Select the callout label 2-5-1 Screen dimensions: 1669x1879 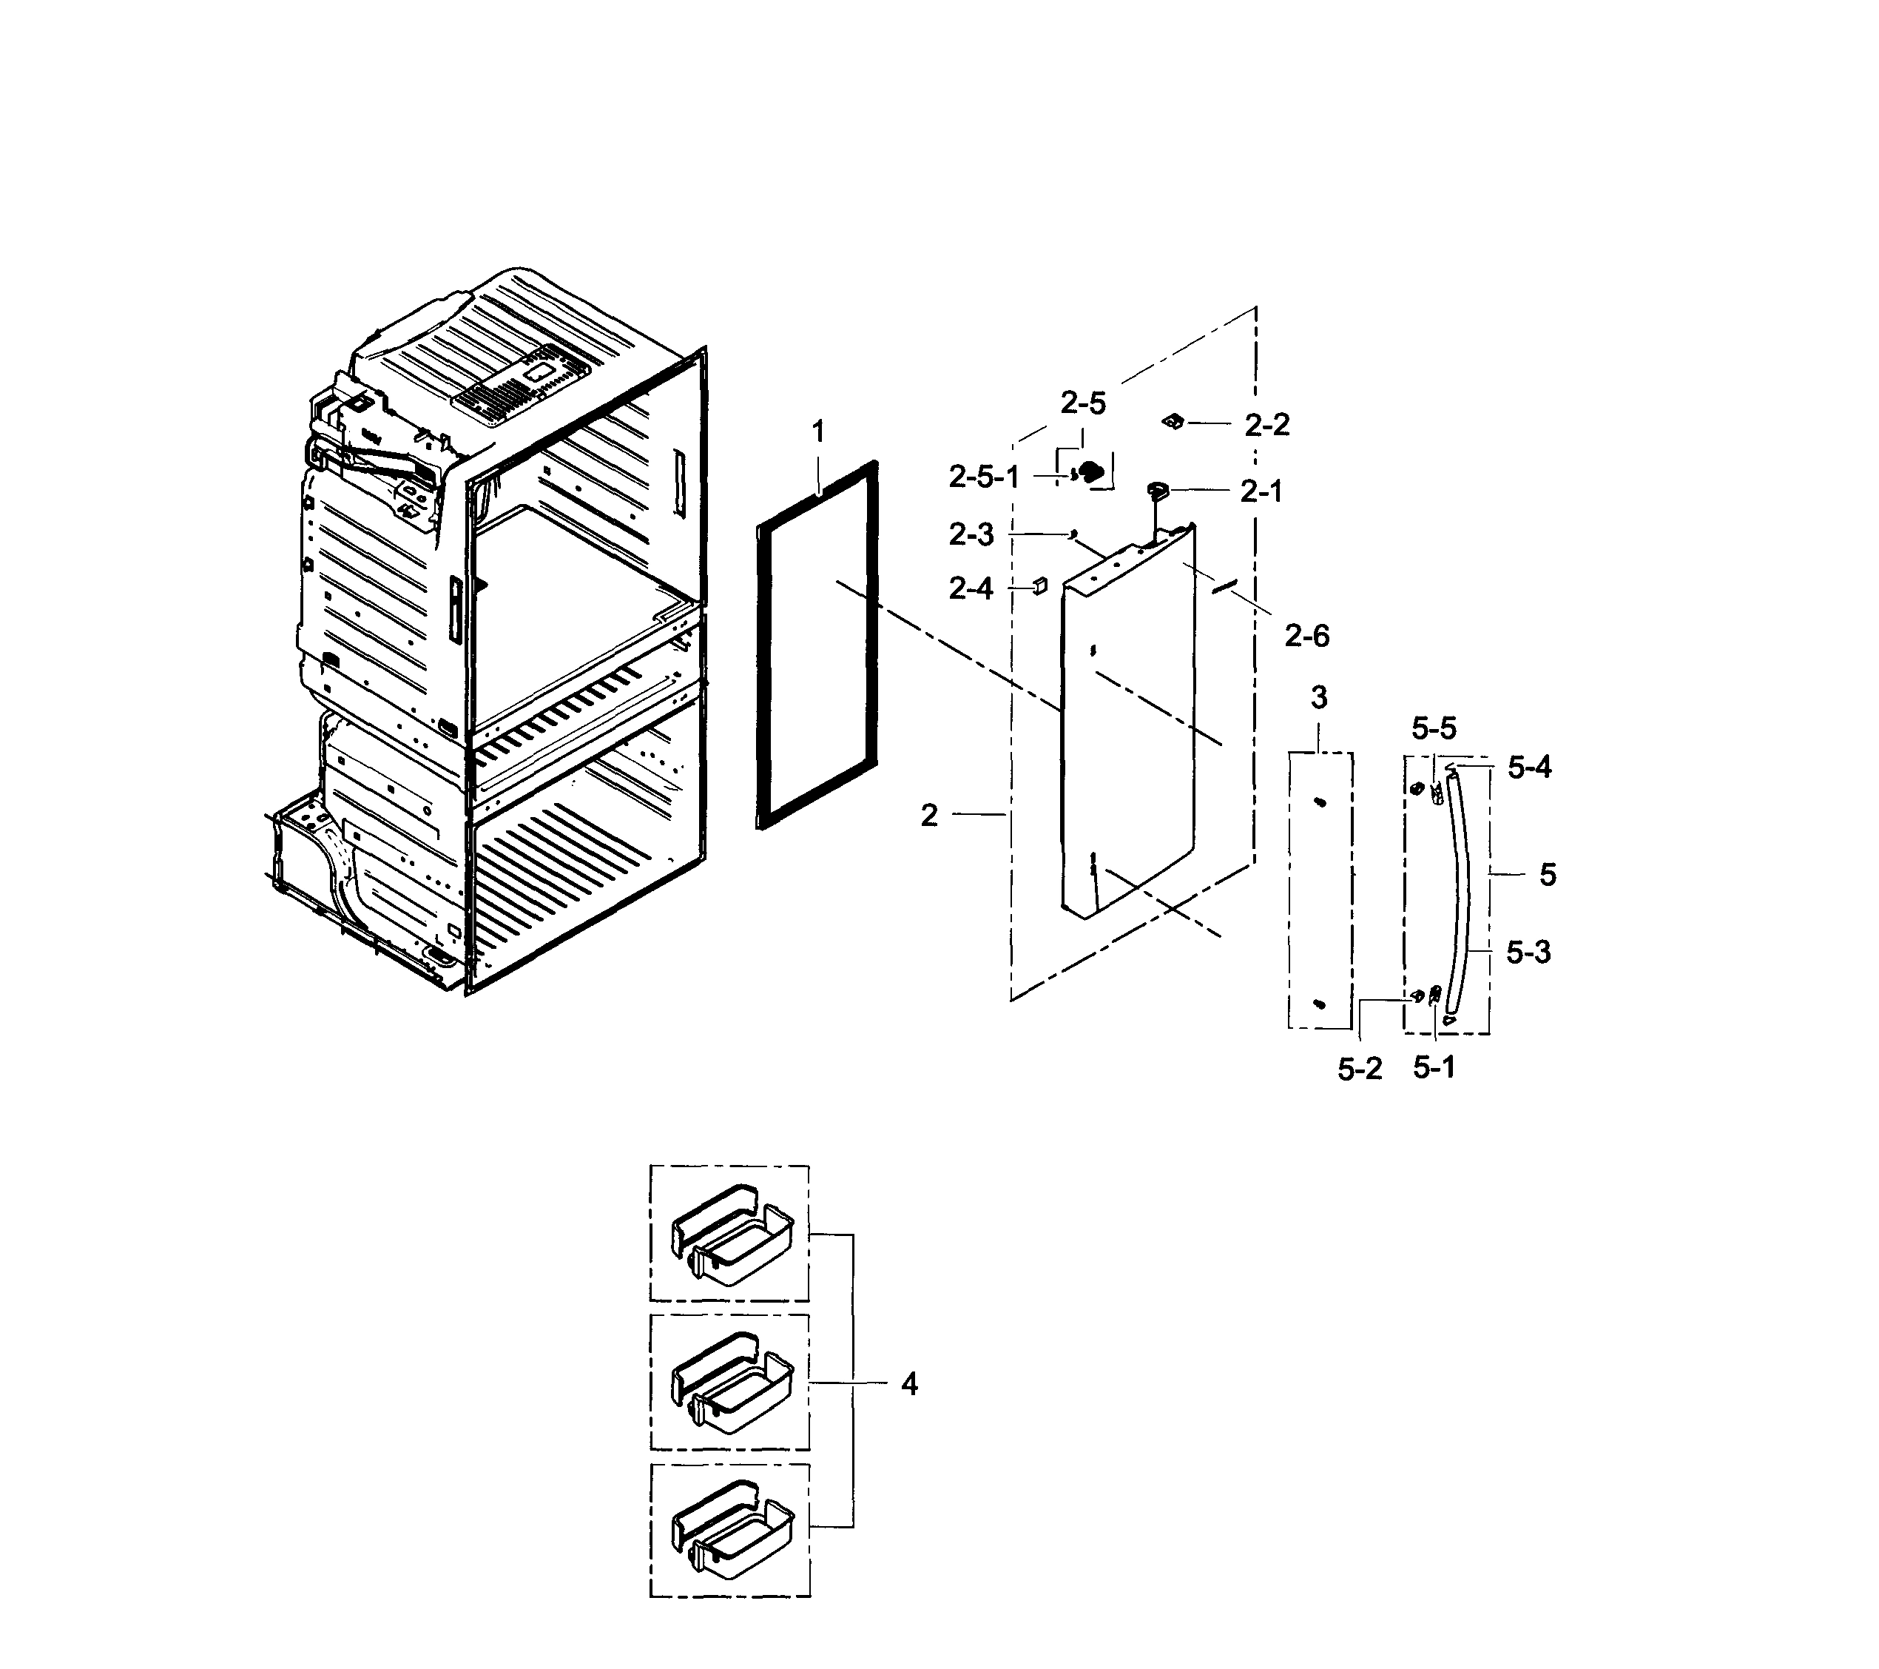tap(984, 477)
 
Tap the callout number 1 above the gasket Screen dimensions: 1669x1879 tap(817, 431)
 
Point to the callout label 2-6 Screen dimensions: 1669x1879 tap(1306, 636)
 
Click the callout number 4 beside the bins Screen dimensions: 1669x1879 tap(908, 1384)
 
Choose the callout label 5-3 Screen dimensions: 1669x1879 tap(1528, 953)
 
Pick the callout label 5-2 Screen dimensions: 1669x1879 tap(1359, 1069)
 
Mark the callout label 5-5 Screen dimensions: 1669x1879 tap(1434, 729)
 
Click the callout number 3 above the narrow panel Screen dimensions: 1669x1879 tap(1318, 698)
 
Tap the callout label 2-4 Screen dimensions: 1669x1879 tap(971, 588)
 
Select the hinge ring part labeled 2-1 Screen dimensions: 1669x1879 tap(1156, 488)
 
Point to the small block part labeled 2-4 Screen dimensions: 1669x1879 tap(1039, 585)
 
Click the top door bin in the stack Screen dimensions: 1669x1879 tap(732, 1237)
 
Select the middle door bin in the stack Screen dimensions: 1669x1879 tap(732, 1385)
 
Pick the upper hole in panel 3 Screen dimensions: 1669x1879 tap(1319, 803)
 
